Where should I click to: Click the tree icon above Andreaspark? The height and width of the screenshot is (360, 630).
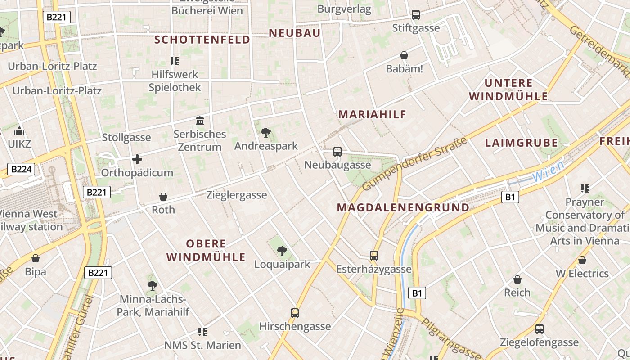click(x=266, y=133)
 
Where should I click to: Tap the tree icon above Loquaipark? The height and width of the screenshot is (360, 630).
click(x=282, y=251)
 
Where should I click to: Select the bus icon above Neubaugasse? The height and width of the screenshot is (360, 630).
click(x=337, y=152)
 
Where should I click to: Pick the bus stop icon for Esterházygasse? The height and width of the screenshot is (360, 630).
click(x=373, y=256)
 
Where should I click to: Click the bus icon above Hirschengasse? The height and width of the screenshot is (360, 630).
click(x=295, y=313)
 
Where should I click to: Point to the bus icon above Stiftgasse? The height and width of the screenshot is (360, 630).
click(x=416, y=15)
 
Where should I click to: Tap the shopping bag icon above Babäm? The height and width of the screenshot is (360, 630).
click(x=404, y=56)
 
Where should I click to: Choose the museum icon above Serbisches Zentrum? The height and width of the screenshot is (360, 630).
click(x=200, y=121)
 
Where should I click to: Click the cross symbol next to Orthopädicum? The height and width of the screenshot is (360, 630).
click(x=137, y=159)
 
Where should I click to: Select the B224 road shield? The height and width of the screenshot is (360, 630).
click(x=21, y=169)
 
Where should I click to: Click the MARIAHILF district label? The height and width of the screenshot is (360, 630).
click(x=372, y=114)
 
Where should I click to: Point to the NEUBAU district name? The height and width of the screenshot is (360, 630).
click(x=295, y=33)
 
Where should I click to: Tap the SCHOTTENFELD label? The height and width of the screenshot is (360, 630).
click(x=202, y=40)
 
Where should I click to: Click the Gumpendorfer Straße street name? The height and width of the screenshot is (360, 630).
click(x=414, y=164)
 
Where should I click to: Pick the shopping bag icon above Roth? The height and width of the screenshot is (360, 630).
click(x=163, y=197)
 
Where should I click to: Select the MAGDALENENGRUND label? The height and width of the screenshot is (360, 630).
click(x=403, y=207)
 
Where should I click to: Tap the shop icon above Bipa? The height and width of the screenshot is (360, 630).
click(x=36, y=258)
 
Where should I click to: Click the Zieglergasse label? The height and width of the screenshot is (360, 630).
click(x=237, y=195)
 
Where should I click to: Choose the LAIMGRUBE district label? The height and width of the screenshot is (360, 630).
click(x=521, y=143)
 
